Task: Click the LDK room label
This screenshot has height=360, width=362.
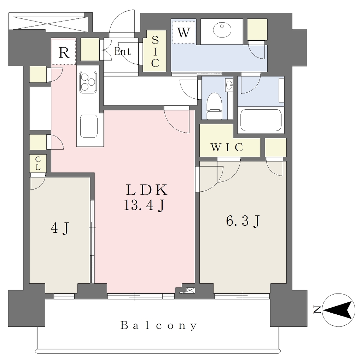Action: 146,190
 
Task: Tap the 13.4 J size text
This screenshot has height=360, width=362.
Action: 145,205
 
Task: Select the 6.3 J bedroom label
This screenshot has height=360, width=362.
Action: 243,221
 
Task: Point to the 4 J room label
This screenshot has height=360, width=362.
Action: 60,228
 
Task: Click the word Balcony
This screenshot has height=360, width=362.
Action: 159,325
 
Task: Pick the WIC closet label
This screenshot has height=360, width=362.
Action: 227,147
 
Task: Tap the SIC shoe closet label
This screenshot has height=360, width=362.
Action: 155,51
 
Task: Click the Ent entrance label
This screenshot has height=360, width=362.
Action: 123,51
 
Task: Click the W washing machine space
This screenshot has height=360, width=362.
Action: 184,32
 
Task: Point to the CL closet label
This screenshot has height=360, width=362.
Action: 38,163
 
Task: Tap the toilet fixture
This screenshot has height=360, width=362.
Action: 214,106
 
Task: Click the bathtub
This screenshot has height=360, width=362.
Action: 261,120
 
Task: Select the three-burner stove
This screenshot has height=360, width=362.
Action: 88,82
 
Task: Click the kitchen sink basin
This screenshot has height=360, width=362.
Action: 89,126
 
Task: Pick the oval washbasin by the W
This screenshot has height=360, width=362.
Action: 222,30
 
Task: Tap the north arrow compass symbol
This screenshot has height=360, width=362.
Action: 338,310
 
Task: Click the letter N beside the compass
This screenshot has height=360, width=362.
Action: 317,310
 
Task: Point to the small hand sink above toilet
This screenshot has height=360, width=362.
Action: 229,85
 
